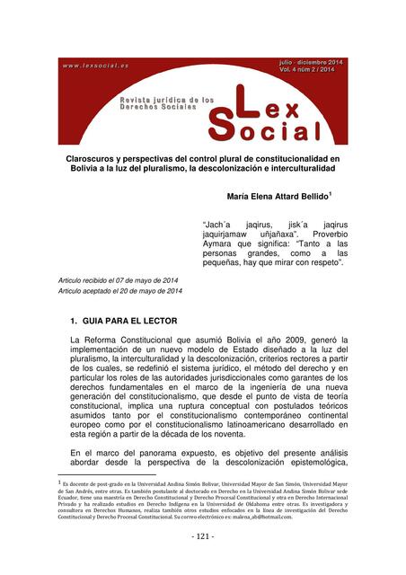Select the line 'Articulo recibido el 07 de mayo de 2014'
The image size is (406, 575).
point(119,281)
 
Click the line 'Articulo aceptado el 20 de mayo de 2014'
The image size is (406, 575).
point(119,292)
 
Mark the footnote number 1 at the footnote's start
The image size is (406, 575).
point(58,482)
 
